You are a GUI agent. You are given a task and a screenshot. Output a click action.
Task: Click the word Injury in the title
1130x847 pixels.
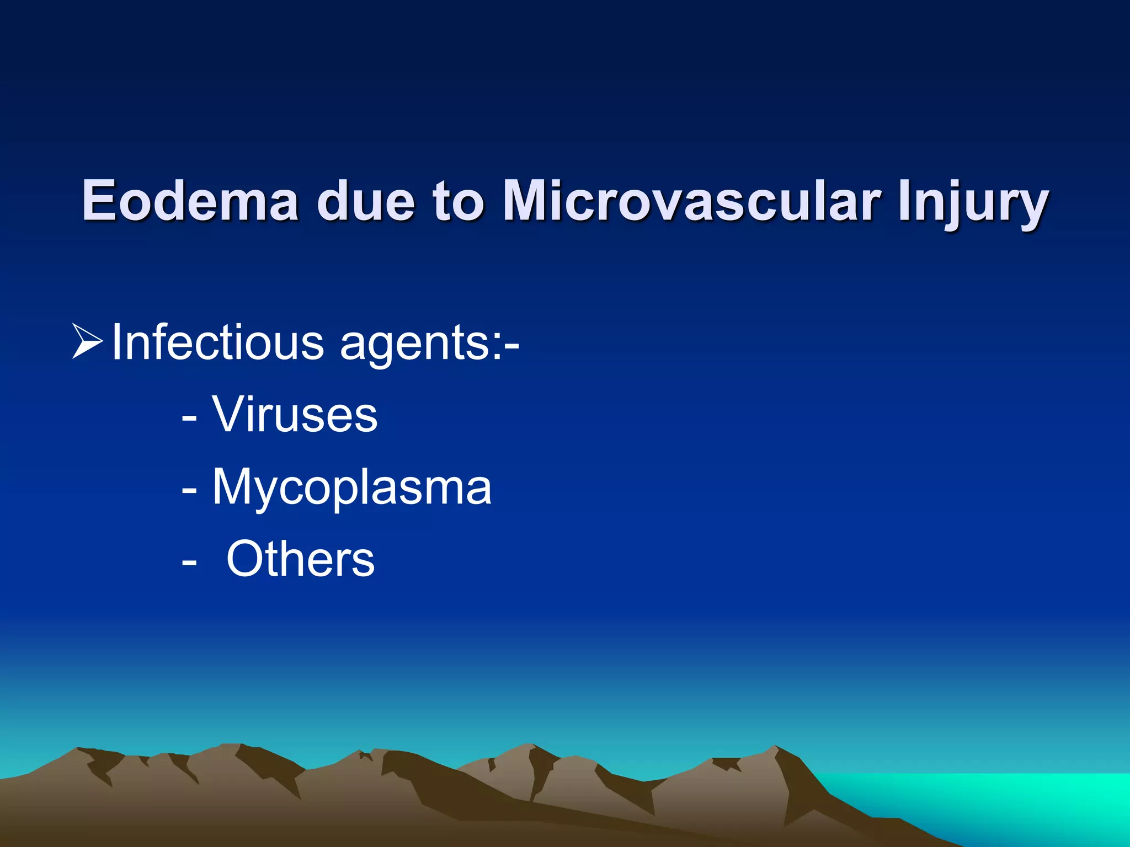coord(973,204)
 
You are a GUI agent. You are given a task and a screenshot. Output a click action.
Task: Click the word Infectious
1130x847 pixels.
coord(217,343)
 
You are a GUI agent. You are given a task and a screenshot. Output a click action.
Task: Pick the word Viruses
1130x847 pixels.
coord(295,415)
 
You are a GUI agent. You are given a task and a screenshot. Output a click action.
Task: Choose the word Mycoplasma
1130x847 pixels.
coord(352,489)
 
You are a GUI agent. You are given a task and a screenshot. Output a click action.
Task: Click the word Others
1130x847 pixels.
coord(301,559)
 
